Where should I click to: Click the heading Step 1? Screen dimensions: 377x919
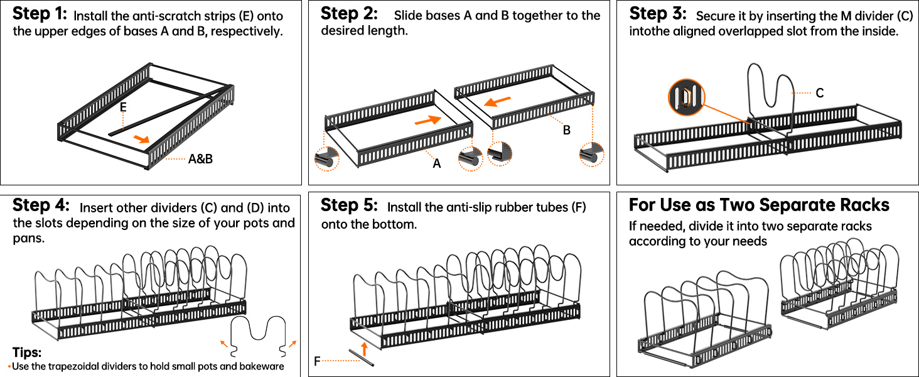click(40, 13)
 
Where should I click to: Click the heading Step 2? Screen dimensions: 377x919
click(349, 13)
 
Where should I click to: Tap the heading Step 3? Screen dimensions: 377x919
click(658, 13)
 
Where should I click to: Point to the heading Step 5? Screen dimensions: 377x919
click(349, 205)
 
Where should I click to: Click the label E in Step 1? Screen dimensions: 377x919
click(123, 107)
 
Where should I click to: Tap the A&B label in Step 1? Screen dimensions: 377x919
click(200, 159)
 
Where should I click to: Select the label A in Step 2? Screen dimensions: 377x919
click(437, 163)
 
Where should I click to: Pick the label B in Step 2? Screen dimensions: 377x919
click(566, 131)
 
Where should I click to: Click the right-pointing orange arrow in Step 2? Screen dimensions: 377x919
click(427, 119)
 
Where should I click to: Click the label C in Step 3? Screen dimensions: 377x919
click(820, 93)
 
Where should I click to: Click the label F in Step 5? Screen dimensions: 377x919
click(318, 361)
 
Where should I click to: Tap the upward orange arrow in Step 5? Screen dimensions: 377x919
click(364, 347)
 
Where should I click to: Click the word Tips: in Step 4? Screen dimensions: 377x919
click(26, 352)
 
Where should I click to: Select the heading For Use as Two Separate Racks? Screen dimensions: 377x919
click(759, 205)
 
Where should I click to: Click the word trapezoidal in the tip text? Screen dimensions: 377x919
click(74, 366)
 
